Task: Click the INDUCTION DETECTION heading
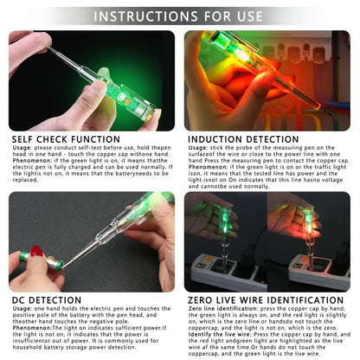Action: [x=247, y=137]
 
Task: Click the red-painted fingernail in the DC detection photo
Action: [x=37, y=252]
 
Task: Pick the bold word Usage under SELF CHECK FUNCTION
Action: [x=22, y=146]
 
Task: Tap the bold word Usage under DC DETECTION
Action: [x=22, y=311]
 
